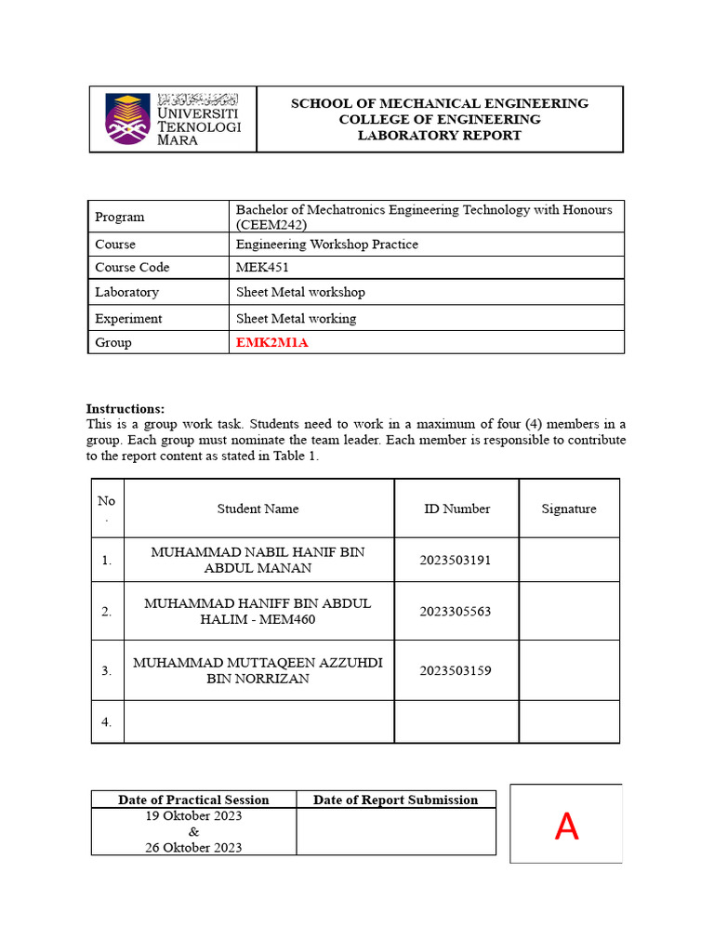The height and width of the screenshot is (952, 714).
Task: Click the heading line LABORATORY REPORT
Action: pyautogui.click(x=440, y=136)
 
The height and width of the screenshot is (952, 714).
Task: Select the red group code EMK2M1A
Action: pyautogui.click(x=271, y=342)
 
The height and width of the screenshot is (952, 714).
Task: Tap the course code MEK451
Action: pyautogui.click(x=256, y=268)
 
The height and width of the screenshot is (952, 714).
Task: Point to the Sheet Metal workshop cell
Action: pyautogui.click(x=300, y=292)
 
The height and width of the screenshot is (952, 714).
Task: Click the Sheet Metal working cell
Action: pyautogui.click(x=296, y=318)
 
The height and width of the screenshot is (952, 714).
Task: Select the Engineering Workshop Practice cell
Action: pyautogui.click(x=327, y=245)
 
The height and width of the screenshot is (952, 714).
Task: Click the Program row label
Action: pyautogui.click(x=120, y=217)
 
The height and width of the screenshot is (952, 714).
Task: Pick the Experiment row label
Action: pyautogui.click(x=128, y=318)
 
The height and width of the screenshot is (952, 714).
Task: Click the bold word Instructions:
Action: pyautogui.click(x=126, y=409)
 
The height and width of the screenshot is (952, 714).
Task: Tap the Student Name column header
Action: pyautogui.click(x=258, y=509)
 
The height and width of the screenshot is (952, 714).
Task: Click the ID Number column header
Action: pyautogui.click(x=456, y=509)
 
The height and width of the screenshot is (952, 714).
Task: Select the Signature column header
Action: pyautogui.click(x=569, y=509)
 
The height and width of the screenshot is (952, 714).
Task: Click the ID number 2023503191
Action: pyautogui.click(x=456, y=560)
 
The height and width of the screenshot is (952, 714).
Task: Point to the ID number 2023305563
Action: pyautogui.click(x=456, y=612)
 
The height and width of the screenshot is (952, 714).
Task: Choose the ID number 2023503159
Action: pyautogui.click(x=456, y=670)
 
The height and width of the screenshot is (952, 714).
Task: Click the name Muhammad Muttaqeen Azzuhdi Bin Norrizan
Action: pyautogui.click(x=258, y=670)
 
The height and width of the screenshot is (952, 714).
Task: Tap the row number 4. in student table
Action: pyautogui.click(x=107, y=722)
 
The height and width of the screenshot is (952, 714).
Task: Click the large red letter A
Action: pyautogui.click(x=566, y=826)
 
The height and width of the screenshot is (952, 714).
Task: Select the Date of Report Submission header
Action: pyautogui.click(x=396, y=800)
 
